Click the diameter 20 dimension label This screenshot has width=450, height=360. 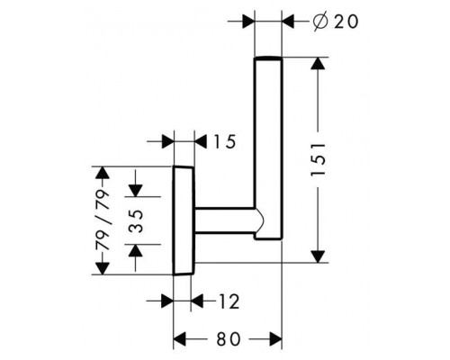[335, 22]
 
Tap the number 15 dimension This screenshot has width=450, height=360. [225, 141]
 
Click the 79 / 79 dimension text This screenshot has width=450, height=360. [103, 220]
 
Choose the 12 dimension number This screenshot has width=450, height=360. [229, 301]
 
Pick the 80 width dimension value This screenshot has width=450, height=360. [229, 339]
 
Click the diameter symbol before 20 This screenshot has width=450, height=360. [319, 22]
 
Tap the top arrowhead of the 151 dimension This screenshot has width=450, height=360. [319, 64]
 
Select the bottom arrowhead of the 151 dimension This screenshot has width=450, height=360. [319, 256]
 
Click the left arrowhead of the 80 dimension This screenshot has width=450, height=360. [180, 339]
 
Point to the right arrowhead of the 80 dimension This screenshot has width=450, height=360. [275, 339]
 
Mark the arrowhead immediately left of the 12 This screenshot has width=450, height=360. [197, 301]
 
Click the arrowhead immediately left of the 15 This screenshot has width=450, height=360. [201, 141]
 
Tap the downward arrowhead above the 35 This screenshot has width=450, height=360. [136, 191]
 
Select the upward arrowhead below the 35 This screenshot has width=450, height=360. [136, 250]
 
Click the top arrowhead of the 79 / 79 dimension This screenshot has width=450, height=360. [103, 173]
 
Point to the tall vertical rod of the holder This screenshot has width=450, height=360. [268, 148]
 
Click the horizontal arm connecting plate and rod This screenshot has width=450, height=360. [226, 220]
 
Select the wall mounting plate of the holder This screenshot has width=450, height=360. [184, 220]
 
